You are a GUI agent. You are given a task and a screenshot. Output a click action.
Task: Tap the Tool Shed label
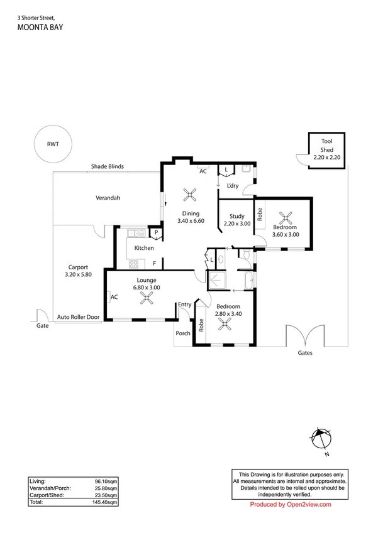[x=326, y=146]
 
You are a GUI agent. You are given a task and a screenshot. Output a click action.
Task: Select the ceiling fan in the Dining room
[x=190, y=195]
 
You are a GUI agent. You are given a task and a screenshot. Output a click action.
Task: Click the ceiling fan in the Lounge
[x=147, y=299]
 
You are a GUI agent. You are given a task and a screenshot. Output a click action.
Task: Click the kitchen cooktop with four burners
[x=133, y=264]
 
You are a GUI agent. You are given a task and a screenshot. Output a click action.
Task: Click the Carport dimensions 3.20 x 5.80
[x=79, y=274]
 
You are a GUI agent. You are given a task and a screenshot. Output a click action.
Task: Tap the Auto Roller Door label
[x=79, y=317]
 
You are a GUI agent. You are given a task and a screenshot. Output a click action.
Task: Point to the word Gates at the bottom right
[x=305, y=353]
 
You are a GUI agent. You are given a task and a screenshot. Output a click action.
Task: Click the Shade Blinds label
[x=108, y=166]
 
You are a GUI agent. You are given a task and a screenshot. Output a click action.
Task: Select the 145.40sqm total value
[x=104, y=502]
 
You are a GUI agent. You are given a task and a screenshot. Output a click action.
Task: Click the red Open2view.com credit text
[x=291, y=505]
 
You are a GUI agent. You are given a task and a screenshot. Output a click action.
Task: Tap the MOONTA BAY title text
[x=40, y=28]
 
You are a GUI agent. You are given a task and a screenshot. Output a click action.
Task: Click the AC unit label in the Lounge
[x=114, y=297]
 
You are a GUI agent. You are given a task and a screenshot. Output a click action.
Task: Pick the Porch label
[x=183, y=333]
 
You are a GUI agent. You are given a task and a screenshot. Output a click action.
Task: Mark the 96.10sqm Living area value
[x=106, y=482]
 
